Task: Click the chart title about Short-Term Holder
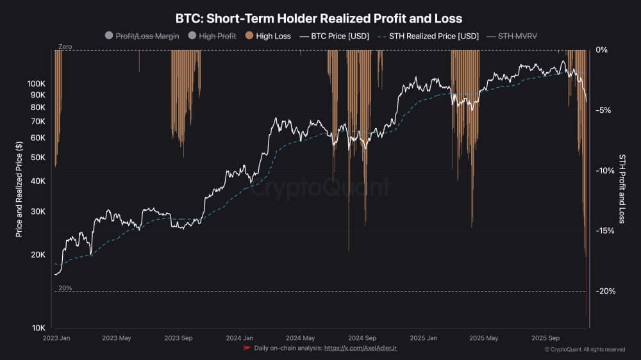coord(319,19)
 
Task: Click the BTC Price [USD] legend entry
coord(335,37)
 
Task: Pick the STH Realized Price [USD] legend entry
coord(429,37)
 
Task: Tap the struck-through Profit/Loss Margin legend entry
coord(142,37)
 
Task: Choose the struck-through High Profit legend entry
coord(213,37)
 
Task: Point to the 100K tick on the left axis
coord(37,84)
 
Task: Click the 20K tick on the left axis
coord(38,255)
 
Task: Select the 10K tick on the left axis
coord(38,328)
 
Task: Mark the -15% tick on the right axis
coord(605,231)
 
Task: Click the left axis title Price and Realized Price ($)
coord(19,190)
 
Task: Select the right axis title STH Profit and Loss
coord(622,189)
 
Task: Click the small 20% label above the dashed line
coord(65,288)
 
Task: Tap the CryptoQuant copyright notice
coord(585,349)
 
